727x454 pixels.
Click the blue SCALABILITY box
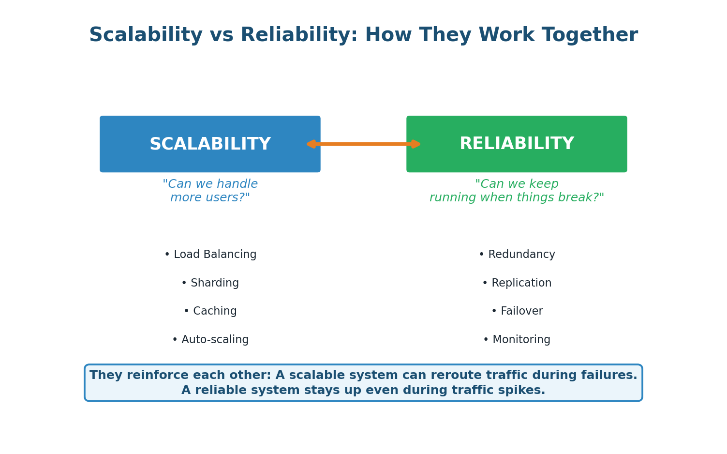[x=210, y=144]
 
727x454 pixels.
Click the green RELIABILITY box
[x=517, y=144]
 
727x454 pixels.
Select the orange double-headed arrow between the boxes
[x=363, y=144]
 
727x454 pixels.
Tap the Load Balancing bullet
[x=210, y=255]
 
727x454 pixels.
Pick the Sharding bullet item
[x=210, y=283]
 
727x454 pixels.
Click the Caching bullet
[x=210, y=311]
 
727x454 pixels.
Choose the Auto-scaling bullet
[x=210, y=340]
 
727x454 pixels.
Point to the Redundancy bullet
[x=517, y=255]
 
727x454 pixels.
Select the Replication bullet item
[x=517, y=283]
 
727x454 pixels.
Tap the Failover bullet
[x=517, y=311]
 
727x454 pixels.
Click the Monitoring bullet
[x=517, y=340]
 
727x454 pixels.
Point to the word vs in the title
[x=221, y=35]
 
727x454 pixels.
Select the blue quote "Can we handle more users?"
[x=210, y=191]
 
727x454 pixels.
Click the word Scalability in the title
[x=146, y=35]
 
